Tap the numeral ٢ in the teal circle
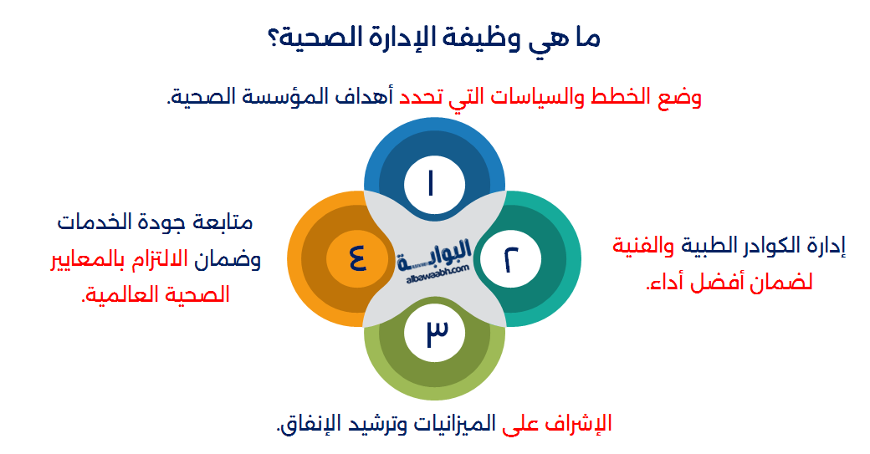511,259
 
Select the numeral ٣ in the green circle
437,332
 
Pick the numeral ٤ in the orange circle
357,258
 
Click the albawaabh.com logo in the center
434,261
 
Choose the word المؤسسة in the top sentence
280,96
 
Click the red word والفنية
643,245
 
